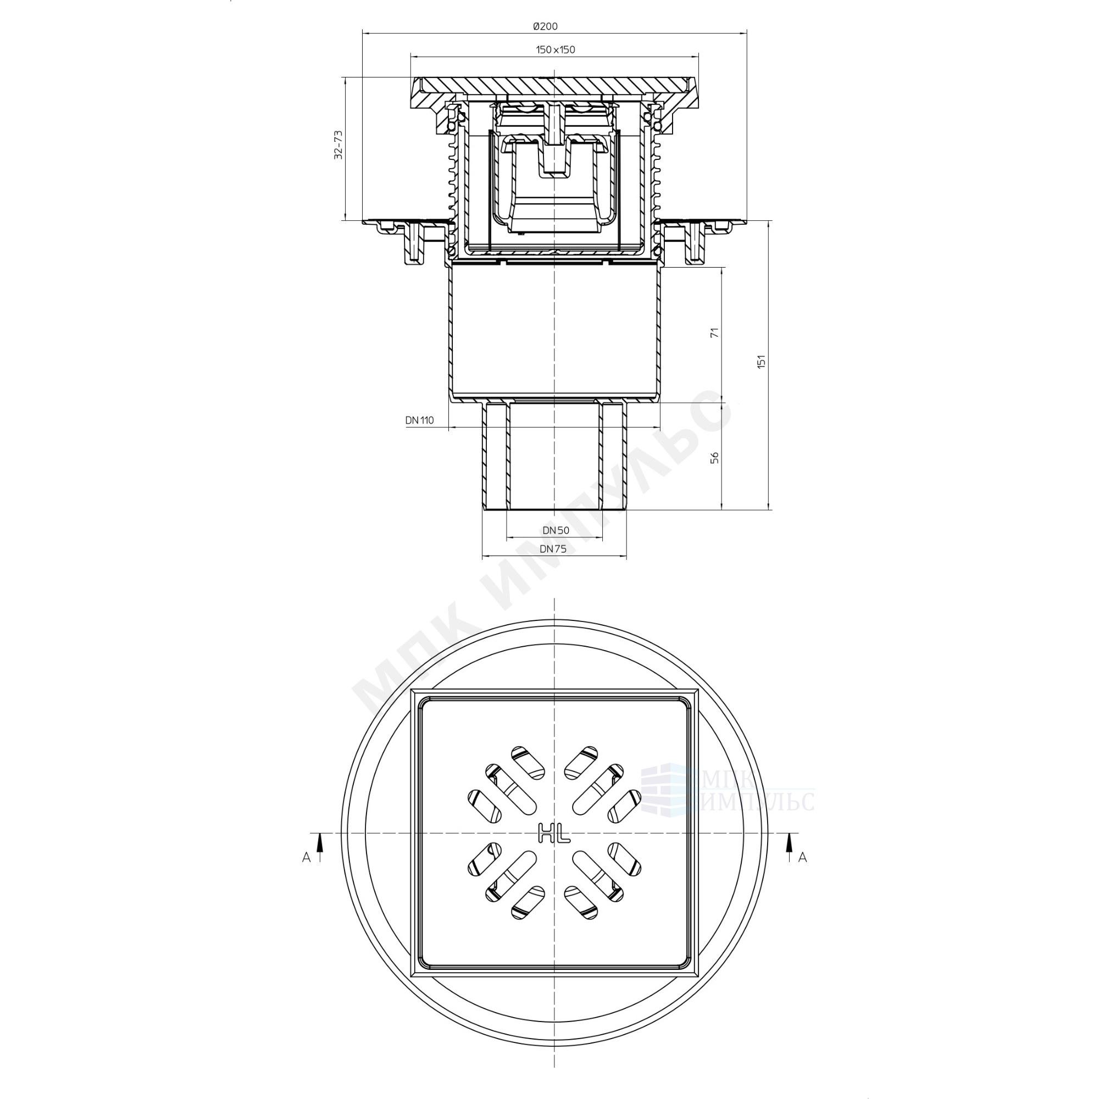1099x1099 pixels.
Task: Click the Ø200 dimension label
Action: (545, 26)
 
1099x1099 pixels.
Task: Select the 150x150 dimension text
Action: (555, 49)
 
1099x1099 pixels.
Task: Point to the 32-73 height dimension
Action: (338, 145)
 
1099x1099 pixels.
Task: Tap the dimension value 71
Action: (715, 332)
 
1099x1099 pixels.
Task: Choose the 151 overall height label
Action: (761, 362)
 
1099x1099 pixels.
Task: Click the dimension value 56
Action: (715, 457)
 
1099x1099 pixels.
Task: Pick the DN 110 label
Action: (420, 420)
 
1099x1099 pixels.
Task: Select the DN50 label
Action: (556, 530)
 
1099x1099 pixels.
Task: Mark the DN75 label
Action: (553, 549)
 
